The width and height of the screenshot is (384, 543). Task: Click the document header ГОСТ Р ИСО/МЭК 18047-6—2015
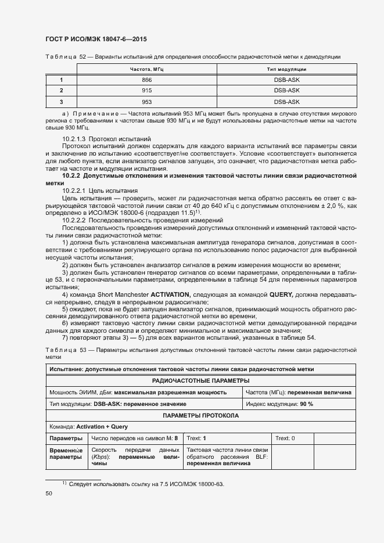pos(96,39)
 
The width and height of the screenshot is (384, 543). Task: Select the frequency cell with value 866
pos(147,80)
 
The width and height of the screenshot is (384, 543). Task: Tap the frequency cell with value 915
pos(147,91)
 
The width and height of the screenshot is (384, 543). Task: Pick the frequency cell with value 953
pos(147,102)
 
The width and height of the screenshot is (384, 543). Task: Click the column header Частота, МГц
pos(147,69)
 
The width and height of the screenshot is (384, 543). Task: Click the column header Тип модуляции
pos(286,69)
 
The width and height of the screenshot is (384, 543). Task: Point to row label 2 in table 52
pos(61,91)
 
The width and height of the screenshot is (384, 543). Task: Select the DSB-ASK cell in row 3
pos(286,102)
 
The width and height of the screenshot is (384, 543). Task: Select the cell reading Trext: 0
pos(285,438)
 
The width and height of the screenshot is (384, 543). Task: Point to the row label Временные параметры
pos(66,454)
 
